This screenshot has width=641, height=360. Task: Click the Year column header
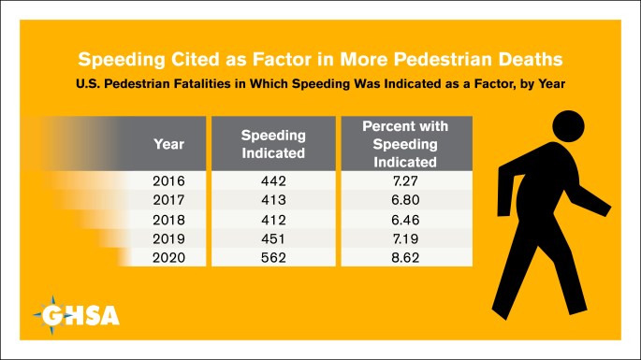(x=168, y=144)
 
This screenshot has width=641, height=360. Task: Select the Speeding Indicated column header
(x=273, y=144)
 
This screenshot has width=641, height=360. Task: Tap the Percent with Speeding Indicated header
(x=405, y=144)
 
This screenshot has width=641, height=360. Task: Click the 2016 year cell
(x=168, y=180)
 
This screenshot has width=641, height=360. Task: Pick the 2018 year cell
(x=168, y=220)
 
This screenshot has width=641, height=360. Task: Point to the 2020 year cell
(x=168, y=257)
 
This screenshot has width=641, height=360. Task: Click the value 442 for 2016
(x=273, y=180)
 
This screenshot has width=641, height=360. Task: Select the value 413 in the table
(x=273, y=200)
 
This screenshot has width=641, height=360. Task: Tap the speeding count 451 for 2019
(x=273, y=238)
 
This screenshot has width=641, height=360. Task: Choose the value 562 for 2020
(x=273, y=257)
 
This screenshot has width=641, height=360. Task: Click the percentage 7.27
(x=405, y=180)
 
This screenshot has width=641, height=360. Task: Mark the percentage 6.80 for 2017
(x=405, y=200)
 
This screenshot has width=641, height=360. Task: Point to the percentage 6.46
(x=405, y=220)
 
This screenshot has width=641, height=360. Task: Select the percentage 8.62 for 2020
(x=405, y=257)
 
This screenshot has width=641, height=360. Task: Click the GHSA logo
(x=77, y=315)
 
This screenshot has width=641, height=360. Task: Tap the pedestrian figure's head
(x=568, y=126)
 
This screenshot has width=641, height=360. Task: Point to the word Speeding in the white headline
(x=122, y=60)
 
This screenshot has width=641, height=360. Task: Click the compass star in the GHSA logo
(x=51, y=315)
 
